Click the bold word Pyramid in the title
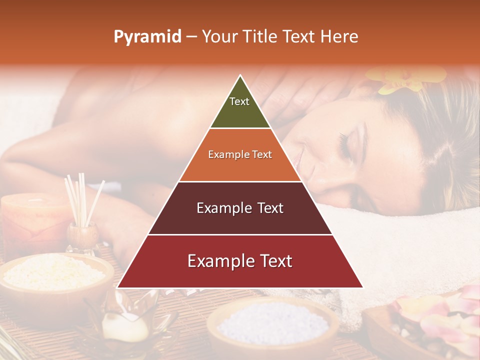tap(147, 37)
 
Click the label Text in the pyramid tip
tap(239, 101)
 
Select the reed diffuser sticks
tap(82, 197)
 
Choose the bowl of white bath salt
tap(272, 322)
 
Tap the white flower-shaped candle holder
tap(125, 320)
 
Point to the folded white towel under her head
tap(400, 235)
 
